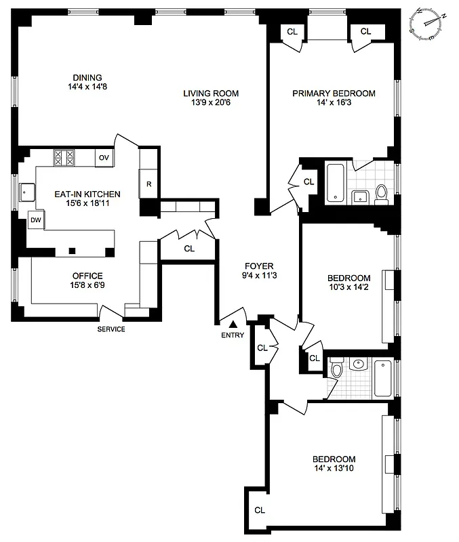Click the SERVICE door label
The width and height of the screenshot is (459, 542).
click(111, 329)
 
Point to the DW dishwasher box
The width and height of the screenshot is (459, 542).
click(36, 220)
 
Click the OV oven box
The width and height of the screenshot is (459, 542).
click(104, 157)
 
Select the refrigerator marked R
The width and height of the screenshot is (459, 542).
click(148, 183)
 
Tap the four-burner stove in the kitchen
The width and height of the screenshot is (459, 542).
click(64, 158)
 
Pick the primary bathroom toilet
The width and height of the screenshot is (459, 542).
click(381, 194)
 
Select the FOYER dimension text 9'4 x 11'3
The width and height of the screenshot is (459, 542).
click(259, 276)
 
